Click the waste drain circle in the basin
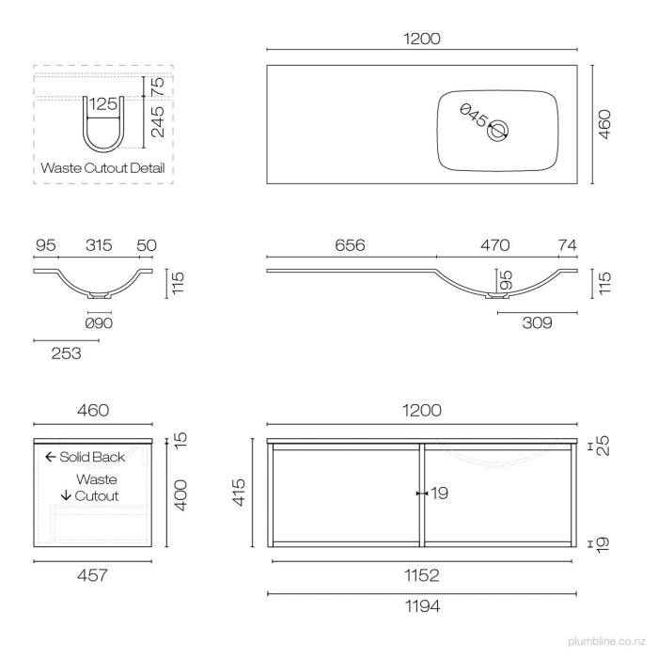coord(497,131)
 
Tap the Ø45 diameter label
coord(474,115)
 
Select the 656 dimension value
coord(350,245)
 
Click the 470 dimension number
coord(495,245)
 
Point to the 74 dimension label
coord(568,245)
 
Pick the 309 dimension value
coord(537,322)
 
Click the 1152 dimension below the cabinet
coord(422,575)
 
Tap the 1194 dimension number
coord(422,606)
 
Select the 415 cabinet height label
coord(239,493)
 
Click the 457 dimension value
coord(92,575)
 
